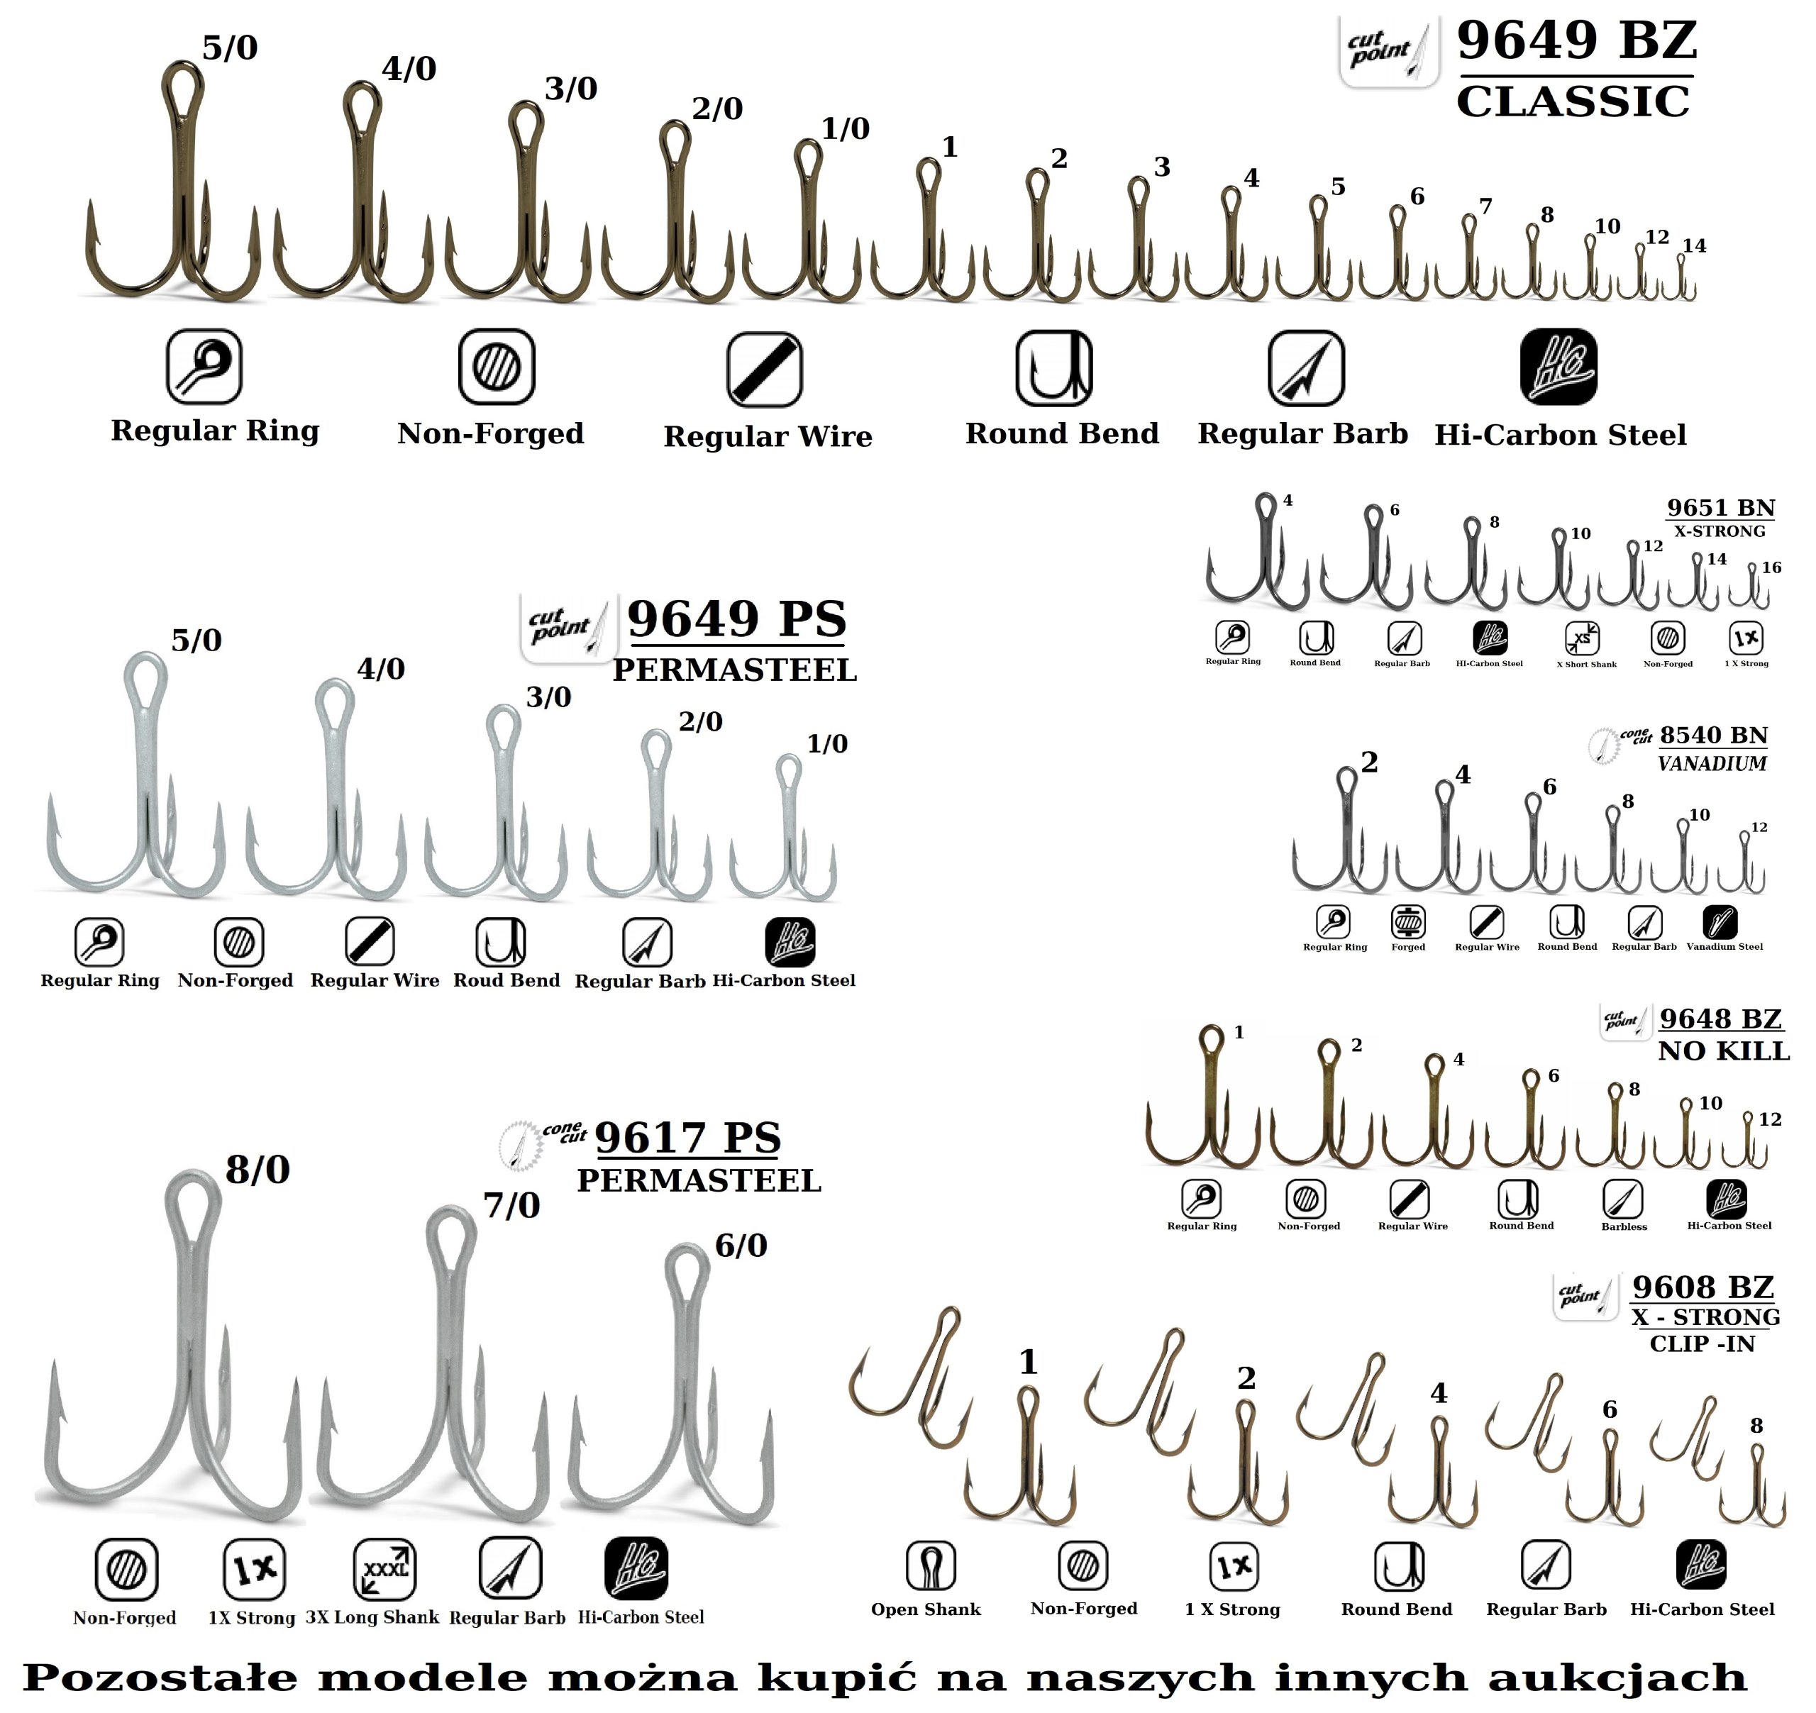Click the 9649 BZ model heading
[x=1577, y=41]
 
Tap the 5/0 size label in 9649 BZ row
[x=229, y=48]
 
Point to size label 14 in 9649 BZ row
[x=1695, y=245]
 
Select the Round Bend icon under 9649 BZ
[x=1053, y=368]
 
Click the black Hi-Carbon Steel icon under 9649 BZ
[x=1559, y=366]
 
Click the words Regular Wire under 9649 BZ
[x=768, y=437]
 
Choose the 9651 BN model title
[x=1721, y=508]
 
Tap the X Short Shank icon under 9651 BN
[x=1582, y=638]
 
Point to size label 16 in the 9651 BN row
[x=1771, y=567]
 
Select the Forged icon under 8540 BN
[x=1407, y=922]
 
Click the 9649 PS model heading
[x=736, y=619]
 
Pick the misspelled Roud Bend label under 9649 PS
[x=506, y=980]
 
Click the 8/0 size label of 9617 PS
[x=258, y=1170]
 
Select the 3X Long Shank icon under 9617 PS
[x=384, y=1568]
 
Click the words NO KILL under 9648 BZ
[x=1724, y=1050]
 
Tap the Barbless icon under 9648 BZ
[x=1622, y=1199]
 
